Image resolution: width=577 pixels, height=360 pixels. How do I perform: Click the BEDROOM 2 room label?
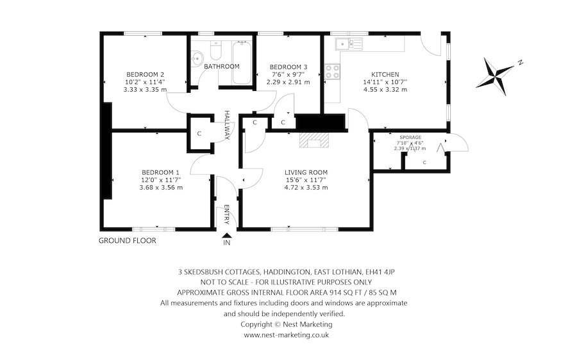coord(145,73)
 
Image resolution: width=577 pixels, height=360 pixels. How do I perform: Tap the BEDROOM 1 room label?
coord(160,172)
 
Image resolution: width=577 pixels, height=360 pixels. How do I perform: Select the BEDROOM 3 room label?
coord(288,67)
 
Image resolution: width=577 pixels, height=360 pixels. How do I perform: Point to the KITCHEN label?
coord(385,74)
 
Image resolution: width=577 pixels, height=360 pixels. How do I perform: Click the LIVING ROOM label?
coord(306,172)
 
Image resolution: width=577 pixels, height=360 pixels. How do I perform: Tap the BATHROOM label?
coord(221,66)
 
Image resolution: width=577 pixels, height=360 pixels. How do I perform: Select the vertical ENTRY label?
coord(226,215)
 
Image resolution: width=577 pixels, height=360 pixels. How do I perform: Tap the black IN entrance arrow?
coord(226,236)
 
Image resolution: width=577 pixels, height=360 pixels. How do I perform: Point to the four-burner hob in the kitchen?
coord(332,72)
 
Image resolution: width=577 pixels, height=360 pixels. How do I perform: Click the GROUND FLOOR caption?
coord(127,241)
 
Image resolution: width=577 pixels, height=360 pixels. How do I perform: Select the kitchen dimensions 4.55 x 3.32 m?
coord(385,90)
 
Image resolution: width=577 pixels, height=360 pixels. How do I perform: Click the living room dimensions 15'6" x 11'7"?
coord(306,180)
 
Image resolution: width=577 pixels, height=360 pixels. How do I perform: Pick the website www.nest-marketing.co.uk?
coord(287,335)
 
